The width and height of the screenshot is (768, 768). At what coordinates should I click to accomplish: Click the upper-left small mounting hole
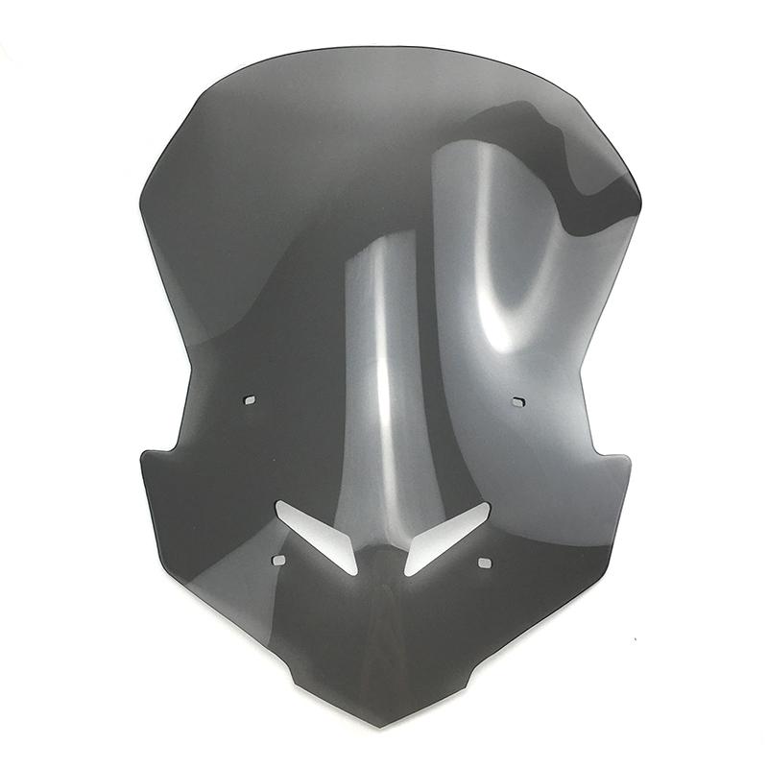click(x=249, y=398)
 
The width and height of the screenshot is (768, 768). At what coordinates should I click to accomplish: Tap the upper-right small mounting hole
click(x=518, y=399)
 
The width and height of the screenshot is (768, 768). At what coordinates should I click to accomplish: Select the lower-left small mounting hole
click(x=278, y=559)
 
